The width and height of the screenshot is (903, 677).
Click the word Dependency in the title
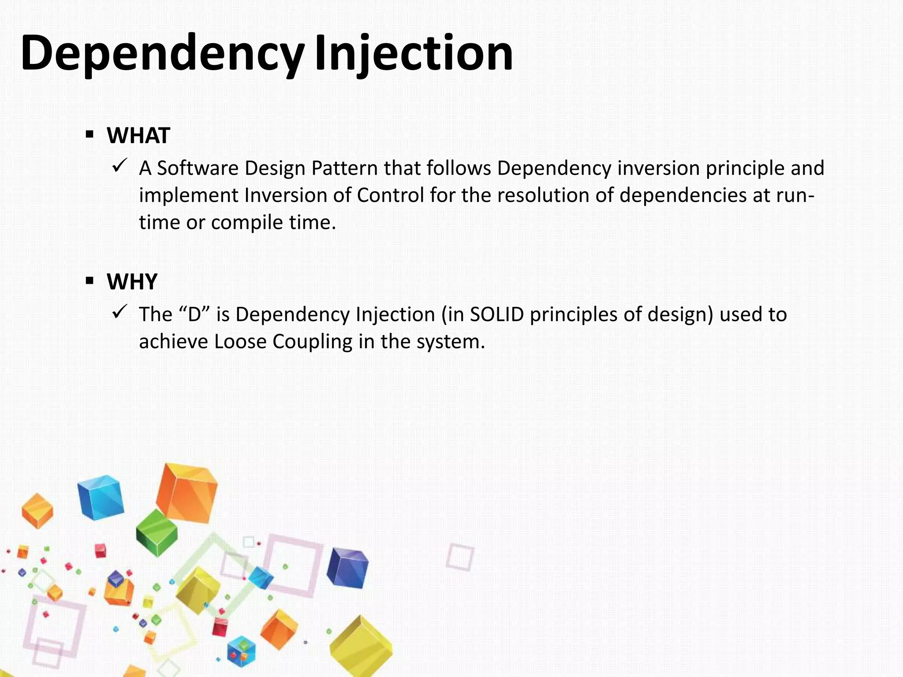[x=161, y=54]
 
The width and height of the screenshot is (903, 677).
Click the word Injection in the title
[x=414, y=54]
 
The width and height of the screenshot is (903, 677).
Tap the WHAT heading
[x=138, y=135]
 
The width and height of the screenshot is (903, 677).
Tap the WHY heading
[x=132, y=282]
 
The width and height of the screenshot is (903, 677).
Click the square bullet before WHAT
[x=90, y=134]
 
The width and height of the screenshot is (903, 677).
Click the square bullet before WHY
[x=90, y=280]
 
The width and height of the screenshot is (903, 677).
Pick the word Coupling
[x=312, y=342]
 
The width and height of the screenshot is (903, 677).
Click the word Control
[x=390, y=195]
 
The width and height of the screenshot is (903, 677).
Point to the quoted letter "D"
[x=194, y=315]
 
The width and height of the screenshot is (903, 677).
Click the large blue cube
[x=101, y=497]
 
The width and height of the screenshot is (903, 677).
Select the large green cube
[x=157, y=532]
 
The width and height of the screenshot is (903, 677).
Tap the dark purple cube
[x=347, y=568]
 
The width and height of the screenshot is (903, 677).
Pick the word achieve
[x=173, y=342]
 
